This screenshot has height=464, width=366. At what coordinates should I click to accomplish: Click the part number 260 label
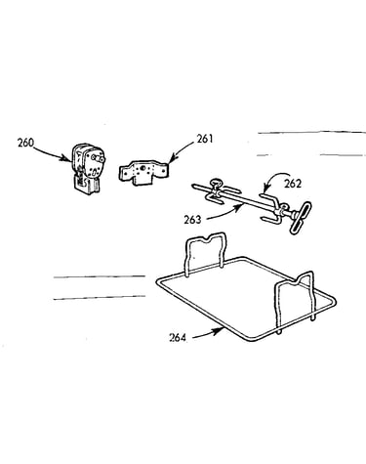(25, 143)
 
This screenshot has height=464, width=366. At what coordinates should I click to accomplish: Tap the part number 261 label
(205, 140)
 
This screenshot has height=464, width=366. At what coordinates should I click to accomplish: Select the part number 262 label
(293, 184)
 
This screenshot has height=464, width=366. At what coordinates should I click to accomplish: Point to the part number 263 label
(192, 220)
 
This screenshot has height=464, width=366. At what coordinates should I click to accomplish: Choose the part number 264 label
(178, 338)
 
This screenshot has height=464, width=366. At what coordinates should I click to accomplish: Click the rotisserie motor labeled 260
(87, 169)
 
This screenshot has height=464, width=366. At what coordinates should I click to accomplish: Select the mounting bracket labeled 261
(143, 172)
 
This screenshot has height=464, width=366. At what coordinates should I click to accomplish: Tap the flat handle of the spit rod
(300, 218)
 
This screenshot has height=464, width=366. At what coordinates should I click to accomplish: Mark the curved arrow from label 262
(272, 179)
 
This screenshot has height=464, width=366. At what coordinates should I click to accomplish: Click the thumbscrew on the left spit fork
(216, 184)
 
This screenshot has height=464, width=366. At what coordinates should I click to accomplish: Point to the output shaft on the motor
(100, 158)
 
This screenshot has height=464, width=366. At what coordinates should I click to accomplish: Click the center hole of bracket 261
(142, 168)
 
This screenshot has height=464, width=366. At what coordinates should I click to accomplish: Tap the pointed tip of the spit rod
(193, 186)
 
